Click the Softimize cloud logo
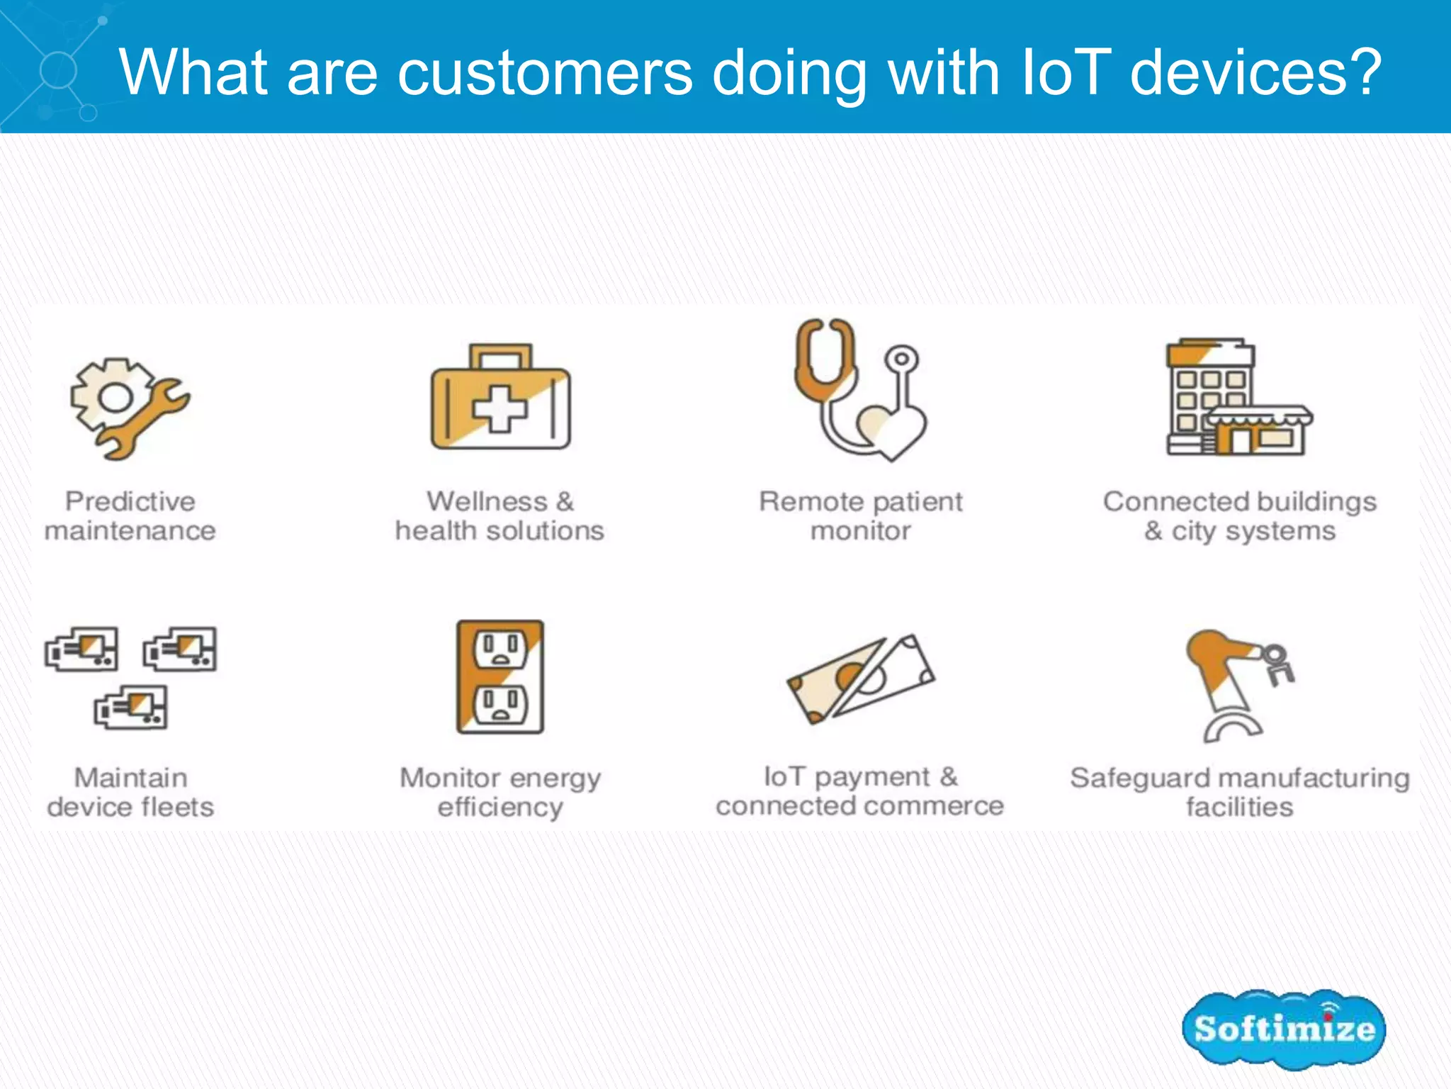[1283, 1029]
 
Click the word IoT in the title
[1065, 72]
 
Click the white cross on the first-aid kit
[500, 409]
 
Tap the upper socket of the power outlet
[500, 649]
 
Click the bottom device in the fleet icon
[131, 708]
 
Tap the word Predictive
[130, 501]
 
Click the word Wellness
[487, 501]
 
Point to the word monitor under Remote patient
[861, 530]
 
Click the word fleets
[177, 807]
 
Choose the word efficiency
[500, 807]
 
